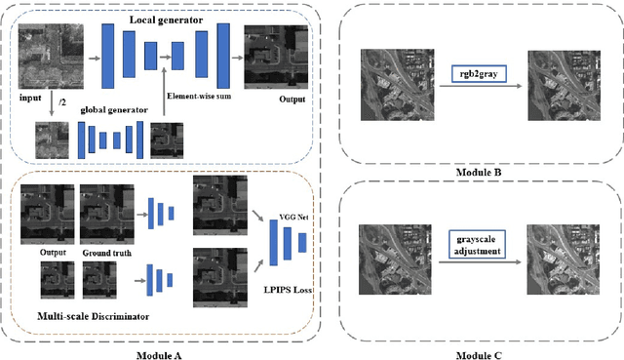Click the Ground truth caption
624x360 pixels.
click(104, 252)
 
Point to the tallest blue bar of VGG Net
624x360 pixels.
click(274, 241)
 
